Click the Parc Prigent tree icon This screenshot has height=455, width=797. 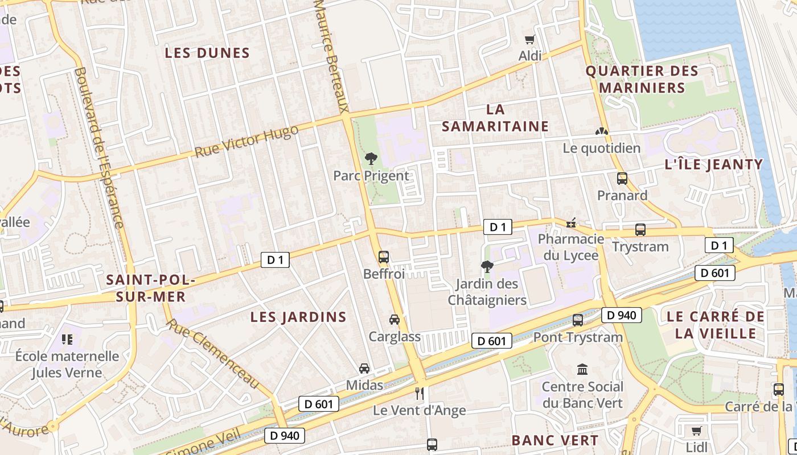[371, 158]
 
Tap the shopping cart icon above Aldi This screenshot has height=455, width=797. [530, 39]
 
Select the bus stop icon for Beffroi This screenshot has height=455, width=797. [384, 257]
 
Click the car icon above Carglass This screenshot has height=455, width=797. [394, 320]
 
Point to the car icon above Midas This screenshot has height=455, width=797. [364, 369]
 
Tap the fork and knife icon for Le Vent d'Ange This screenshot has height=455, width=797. [420, 393]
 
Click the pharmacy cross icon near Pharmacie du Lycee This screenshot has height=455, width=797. [571, 222]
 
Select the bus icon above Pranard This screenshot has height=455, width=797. [622, 179]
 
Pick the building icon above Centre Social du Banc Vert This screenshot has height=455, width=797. [582, 370]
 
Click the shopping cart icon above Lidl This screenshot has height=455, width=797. [696, 431]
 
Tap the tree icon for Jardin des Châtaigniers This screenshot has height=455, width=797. [487, 266]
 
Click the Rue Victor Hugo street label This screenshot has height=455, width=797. [246, 142]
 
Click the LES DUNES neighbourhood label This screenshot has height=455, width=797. [207, 53]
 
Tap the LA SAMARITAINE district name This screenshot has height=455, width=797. [495, 118]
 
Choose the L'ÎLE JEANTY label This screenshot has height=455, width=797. [713, 165]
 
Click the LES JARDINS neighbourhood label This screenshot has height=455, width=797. [298, 317]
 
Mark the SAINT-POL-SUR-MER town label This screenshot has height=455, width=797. [151, 288]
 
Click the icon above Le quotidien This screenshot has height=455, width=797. [602, 131]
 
